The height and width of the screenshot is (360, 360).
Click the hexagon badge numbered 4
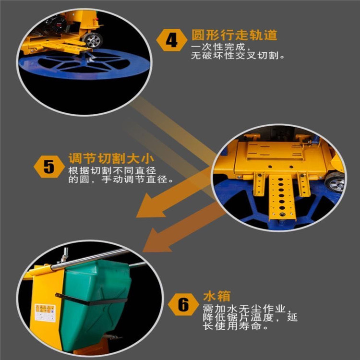pos(172,40)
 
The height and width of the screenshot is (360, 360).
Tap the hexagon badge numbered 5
pos(49,167)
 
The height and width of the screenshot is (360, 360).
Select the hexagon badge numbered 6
pos(183,304)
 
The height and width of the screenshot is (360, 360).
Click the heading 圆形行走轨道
pos(234,35)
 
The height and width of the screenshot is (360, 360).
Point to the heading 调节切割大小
pos(111,158)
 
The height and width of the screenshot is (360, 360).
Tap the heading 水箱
pos(216,296)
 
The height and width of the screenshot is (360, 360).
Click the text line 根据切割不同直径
pos(112,170)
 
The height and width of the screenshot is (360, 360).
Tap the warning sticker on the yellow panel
pos(45,312)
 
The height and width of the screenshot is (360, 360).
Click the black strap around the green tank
pos(91,299)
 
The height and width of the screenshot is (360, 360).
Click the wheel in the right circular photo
pos(336,182)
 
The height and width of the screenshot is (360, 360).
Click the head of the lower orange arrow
pos(156,241)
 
